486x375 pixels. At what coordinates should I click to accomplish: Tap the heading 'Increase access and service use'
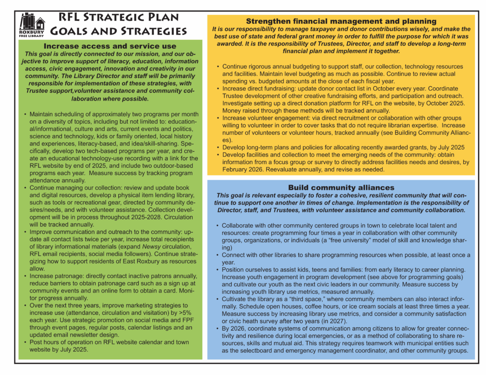[110, 46]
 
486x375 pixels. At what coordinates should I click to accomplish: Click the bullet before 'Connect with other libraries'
[217, 255]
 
